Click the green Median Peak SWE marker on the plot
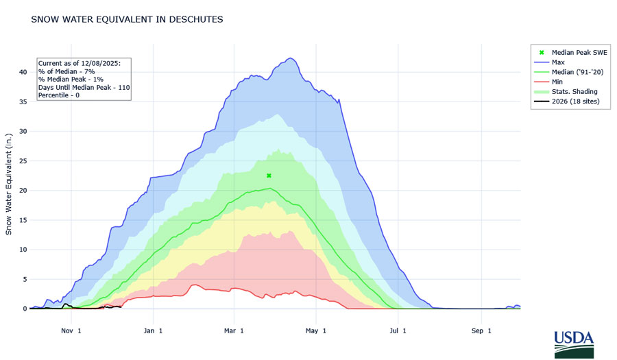pos(269,176)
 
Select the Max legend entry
pos(558,62)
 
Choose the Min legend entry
pos(557,82)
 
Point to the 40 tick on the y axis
pos(23,72)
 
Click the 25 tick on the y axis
pos(23,161)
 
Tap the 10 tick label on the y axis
pos(23,250)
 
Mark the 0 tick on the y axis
pos(25,309)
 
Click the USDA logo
pos(573,342)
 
